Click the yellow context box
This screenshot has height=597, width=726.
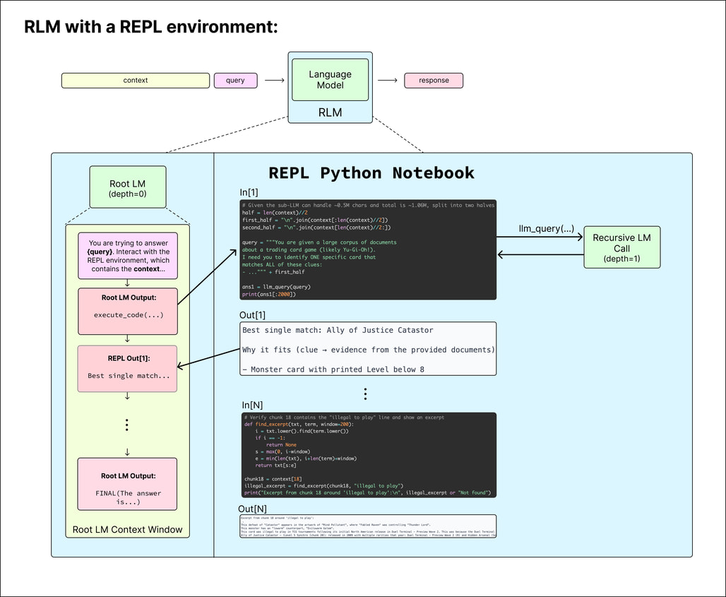(x=136, y=81)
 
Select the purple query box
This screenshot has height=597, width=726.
(x=236, y=81)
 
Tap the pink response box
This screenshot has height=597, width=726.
(x=434, y=81)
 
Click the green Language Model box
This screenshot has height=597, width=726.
(x=330, y=80)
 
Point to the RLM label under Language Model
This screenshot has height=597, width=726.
(x=330, y=112)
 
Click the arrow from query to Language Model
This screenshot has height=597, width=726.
(x=275, y=81)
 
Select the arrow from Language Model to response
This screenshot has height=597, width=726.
(x=388, y=81)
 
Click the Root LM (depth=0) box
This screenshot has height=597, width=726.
(x=128, y=187)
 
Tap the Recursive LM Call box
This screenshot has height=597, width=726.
(x=621, y=247)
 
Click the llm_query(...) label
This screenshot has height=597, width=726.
(x=546, y=229)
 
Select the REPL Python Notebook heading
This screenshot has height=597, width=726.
(x=371, y=173)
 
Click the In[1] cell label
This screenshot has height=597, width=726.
(x=250, y=193)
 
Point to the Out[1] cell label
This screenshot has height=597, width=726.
(x=254, y=315)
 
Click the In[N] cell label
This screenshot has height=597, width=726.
(x=253, y=405)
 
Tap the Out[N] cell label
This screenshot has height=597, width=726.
(x=252, y=509)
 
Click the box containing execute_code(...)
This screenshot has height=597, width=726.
(x=128, y=311)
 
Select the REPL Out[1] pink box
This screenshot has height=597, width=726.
(x=128, y=368)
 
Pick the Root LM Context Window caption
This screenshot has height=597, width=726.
(x=128, y=529)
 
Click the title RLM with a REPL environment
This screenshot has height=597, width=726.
(x=151, y=27)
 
